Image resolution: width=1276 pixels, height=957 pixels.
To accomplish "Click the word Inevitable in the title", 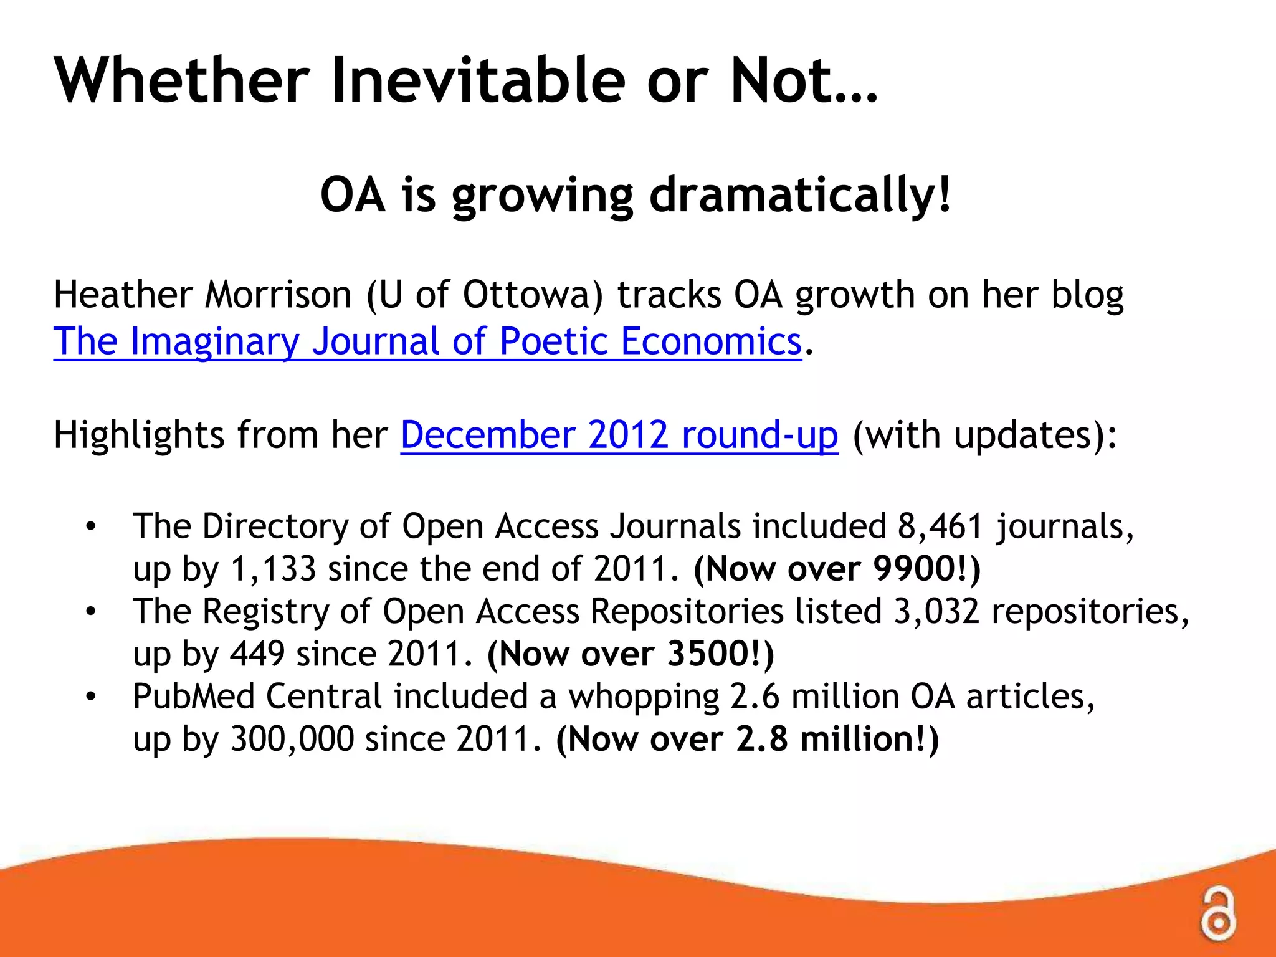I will coord(478,81).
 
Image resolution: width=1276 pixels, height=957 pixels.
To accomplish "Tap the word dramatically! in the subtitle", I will coord(800,196).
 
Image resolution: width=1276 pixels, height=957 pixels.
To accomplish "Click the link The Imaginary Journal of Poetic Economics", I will coord(427,342).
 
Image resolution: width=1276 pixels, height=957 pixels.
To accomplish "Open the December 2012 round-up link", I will coord(619,435).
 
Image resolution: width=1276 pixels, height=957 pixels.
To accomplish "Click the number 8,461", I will coord(940,526).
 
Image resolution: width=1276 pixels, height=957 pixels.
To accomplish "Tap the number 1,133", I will coord(273,569).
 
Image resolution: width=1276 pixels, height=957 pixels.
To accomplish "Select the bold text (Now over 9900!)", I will coord(837,569).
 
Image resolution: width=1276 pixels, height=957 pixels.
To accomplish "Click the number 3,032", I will coord(936,612).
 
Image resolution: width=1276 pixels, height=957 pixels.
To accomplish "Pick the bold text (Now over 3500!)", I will coord(630,654).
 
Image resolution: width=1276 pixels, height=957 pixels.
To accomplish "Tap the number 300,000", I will coord(292,740).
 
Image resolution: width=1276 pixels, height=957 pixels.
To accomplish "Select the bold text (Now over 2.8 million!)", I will coord(747,740).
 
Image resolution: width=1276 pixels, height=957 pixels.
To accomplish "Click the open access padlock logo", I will coord(1217,913).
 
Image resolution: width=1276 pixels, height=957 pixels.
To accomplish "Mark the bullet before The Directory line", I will coord(91,527).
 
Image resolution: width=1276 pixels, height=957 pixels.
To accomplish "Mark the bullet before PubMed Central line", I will coord(91,697).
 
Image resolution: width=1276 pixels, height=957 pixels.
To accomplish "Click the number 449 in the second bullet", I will coord(257,654).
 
